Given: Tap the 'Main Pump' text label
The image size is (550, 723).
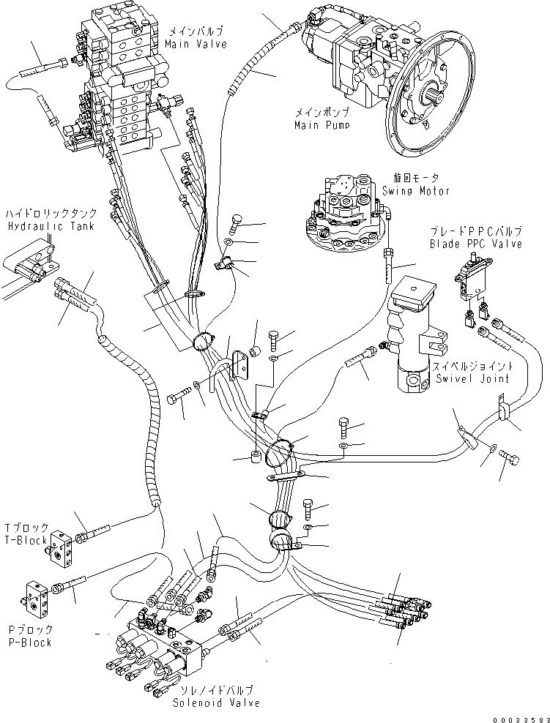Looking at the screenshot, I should coord(321,125).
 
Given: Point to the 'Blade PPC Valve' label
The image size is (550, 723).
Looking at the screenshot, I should coord(476,244).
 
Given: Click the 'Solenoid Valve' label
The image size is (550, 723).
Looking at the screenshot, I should coord(216,703).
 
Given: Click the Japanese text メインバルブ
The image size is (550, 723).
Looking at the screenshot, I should coord(196,31).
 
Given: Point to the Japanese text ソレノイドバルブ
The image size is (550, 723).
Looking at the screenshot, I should coord(217,690).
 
